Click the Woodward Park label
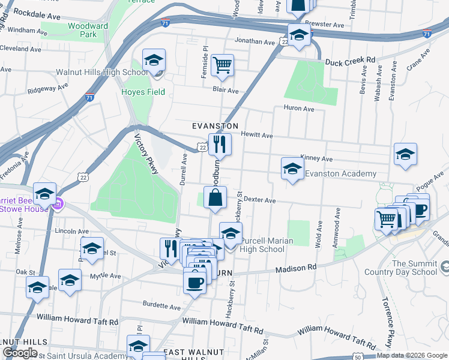click(x=88, y=30)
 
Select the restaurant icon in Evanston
click(x=220, y=144)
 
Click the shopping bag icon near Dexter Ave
click(x=215, y=197)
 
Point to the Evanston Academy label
click(x=340, y=174)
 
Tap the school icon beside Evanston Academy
click(x=292, y=168)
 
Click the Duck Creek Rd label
click(x=350, y=61)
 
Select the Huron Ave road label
click(x=298, y=109)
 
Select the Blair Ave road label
click(x=226, y=91)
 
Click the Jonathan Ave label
click(x=254, y=41)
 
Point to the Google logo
click(x=20, y=353)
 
